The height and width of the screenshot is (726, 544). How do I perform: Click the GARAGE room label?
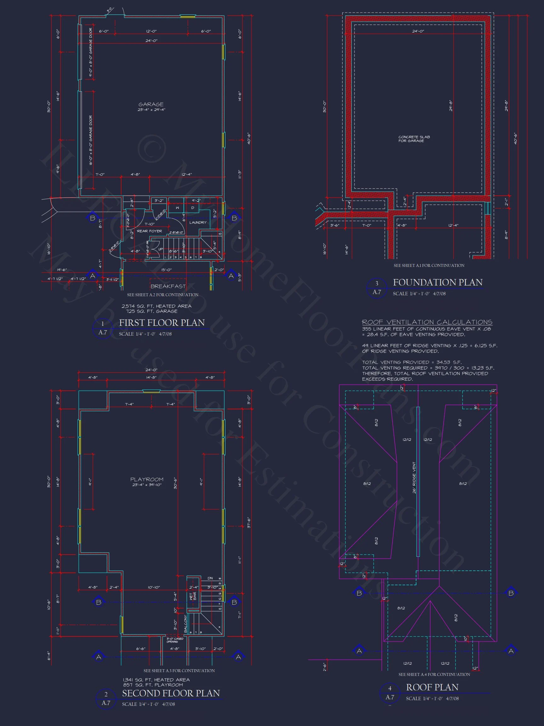151,104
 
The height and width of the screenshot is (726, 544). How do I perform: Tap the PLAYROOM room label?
147,480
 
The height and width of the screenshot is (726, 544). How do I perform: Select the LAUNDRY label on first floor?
198,222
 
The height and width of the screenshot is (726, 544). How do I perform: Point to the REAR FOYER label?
149,231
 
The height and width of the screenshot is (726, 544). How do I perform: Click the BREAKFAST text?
168,286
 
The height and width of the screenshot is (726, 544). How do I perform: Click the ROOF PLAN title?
432,687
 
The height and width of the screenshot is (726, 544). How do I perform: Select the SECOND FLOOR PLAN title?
171,693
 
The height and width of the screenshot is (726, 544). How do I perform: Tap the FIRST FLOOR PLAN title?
162,323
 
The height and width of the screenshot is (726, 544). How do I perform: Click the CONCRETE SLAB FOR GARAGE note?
414,139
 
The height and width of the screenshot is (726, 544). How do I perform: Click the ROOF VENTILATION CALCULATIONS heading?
427,322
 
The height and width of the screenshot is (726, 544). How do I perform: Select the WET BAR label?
193,596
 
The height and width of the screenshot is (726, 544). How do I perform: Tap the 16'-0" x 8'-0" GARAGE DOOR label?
90,140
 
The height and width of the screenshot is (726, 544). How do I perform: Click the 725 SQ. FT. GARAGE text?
151,311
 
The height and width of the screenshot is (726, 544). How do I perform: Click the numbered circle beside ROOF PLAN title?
389,693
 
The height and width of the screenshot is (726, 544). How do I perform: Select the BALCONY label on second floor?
186,624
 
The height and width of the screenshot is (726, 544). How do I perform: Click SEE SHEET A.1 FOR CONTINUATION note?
428,266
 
